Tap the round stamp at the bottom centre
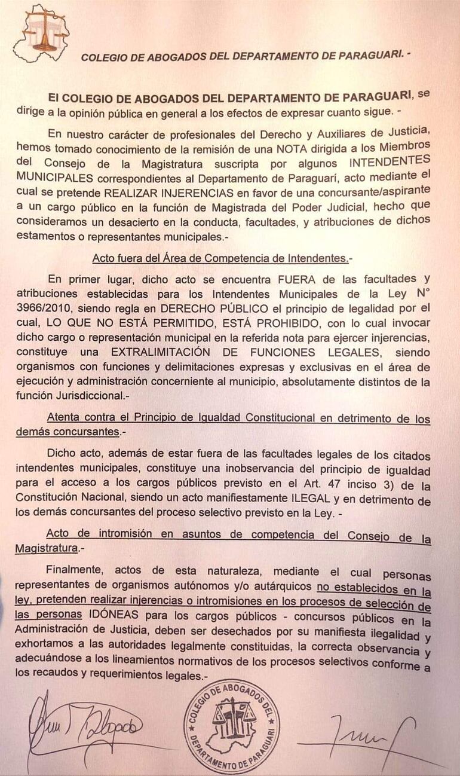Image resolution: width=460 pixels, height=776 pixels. point(231,726)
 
